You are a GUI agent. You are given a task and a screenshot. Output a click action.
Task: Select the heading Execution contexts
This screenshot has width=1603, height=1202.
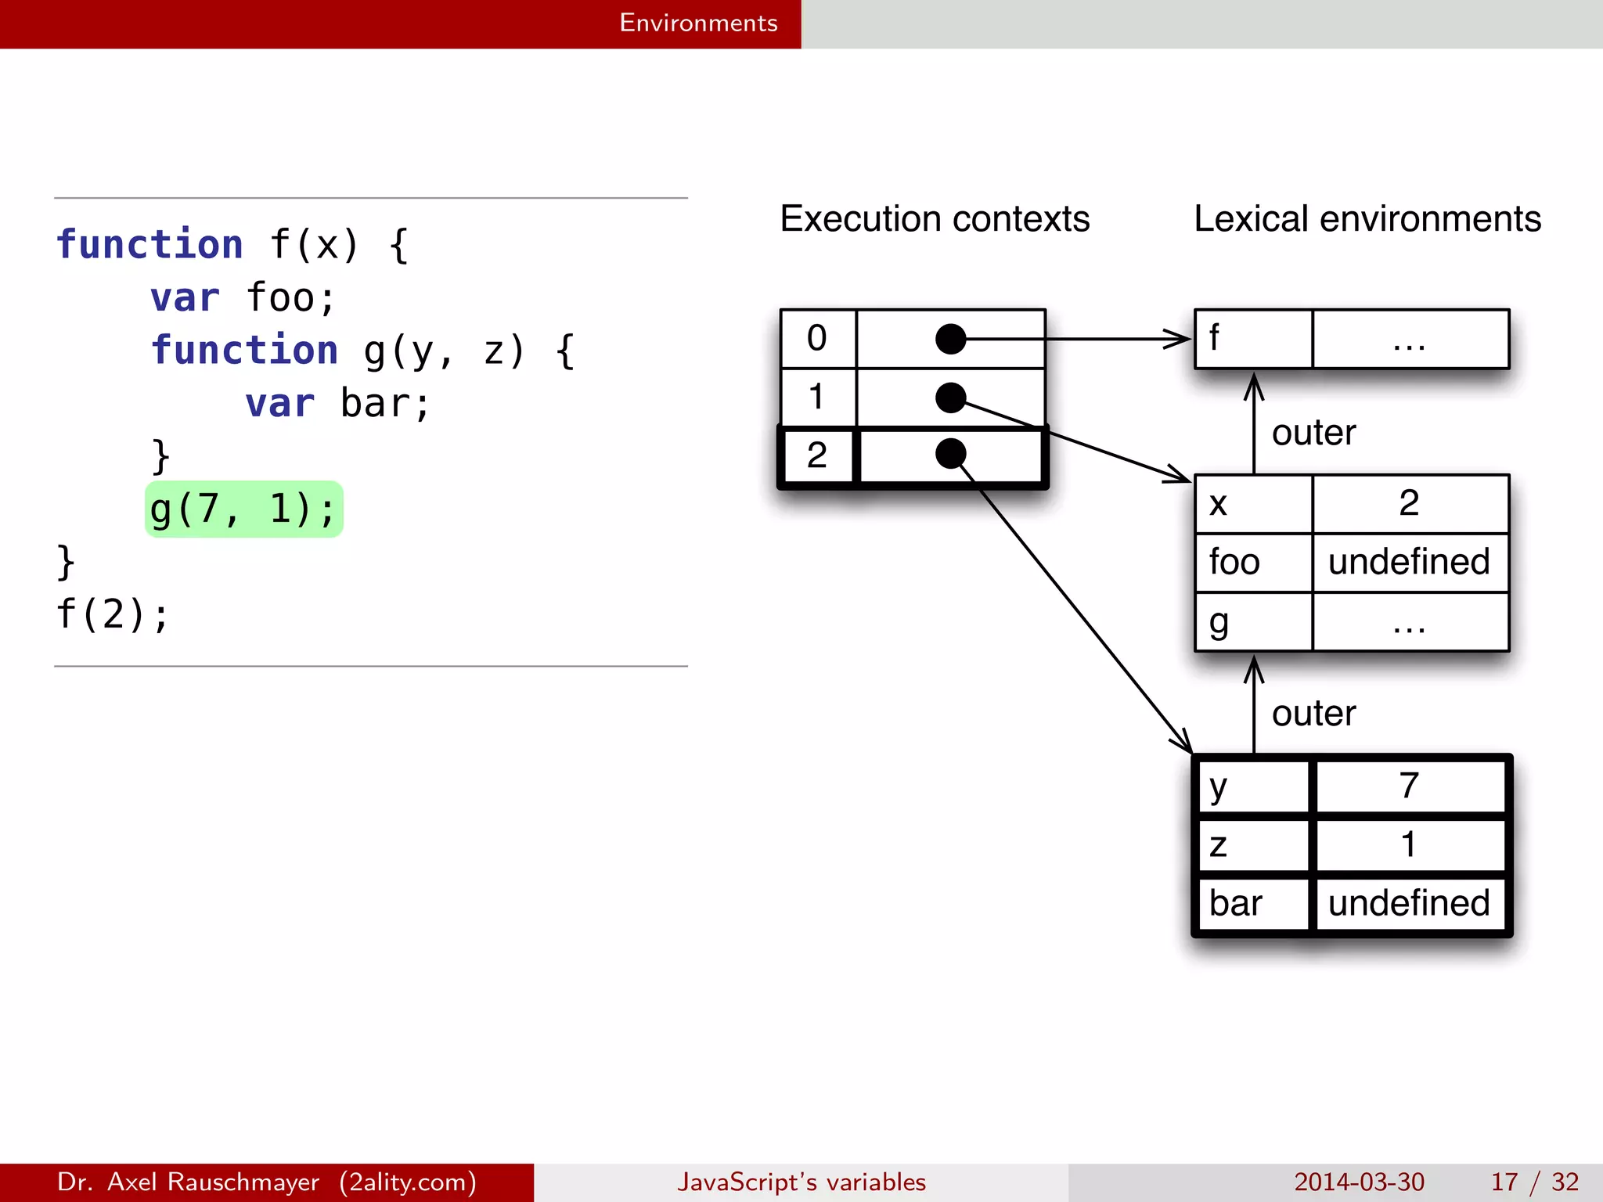click(x=935, y=219)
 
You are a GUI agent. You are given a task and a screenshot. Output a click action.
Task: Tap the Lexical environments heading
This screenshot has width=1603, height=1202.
click(x=1367, y=219)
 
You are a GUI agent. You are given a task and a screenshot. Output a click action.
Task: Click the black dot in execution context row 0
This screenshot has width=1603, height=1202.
click(x=950, y=339)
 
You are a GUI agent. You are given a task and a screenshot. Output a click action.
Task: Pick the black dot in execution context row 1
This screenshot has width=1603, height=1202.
click(x=950, y=398)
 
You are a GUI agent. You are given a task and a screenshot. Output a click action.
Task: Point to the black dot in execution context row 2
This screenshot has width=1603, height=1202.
click(x=950, y=454)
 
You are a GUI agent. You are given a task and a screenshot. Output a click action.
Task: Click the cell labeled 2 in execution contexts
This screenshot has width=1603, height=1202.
click(x=816, y=455)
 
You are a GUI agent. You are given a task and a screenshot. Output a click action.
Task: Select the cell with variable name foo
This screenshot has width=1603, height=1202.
click(x=1252, y=563)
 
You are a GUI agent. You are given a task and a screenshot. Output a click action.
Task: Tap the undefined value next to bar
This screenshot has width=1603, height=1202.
click(x=1409, y=903)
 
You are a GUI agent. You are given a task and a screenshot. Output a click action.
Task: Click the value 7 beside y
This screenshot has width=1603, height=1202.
click(x=1409, y=786)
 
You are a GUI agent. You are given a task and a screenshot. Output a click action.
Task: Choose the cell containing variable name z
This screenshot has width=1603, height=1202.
click(x=1252, y=845)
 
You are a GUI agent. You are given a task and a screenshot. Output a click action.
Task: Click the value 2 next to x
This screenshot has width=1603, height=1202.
click(x=1409, y=503)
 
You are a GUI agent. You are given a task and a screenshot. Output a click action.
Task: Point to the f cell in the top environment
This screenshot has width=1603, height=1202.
click(x=1252, y=339)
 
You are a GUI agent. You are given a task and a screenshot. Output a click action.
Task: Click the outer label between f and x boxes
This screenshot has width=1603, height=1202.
click(x=1313, y=433)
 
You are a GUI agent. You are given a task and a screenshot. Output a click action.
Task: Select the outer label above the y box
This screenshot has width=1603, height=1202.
click(x=1313, y=714)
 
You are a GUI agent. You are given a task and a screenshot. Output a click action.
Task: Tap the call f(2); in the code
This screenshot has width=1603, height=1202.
click(x=112, y=614)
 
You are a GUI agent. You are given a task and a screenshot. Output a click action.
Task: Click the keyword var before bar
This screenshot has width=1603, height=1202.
click(x=279, y=404)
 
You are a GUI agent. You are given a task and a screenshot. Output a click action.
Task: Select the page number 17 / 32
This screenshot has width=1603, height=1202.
click(x=1534, y=1182)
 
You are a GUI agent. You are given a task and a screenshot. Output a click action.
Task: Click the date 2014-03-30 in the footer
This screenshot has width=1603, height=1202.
click(x=1359, y=1182)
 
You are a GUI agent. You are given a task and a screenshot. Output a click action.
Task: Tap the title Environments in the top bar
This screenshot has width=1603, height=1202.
click(x=698, y=23)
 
